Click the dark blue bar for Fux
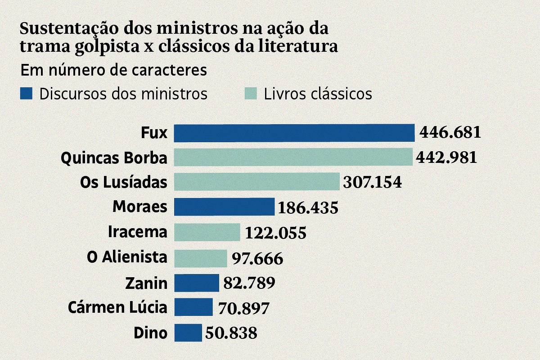point(294,133)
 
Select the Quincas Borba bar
point(293,157)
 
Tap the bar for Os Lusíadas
point(256,182)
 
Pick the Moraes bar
point(224,207)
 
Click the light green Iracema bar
point(207,232)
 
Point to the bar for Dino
point(188,333)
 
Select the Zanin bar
point(197,283)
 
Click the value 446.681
point(450,133)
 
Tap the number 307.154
point(372,182)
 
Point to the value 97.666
point(257,258)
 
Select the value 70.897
point(243,308)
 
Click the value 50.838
point(231,333)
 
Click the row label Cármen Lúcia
point(117,308)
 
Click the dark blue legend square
point(27,94)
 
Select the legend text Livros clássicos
point(318,94)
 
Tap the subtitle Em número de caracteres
point(113,71)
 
